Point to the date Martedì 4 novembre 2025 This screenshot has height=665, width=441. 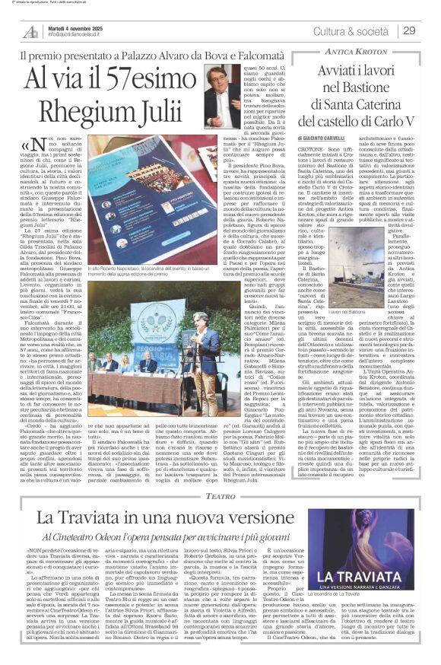75,25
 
